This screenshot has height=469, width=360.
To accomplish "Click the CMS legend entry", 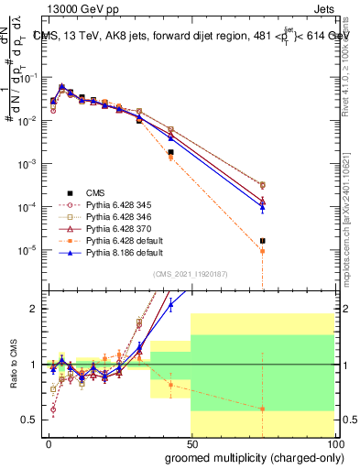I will point(95,192).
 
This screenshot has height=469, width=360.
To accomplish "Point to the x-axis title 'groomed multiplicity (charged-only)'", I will point(249,456).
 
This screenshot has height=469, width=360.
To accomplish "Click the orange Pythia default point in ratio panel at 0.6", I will point(263,409).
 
